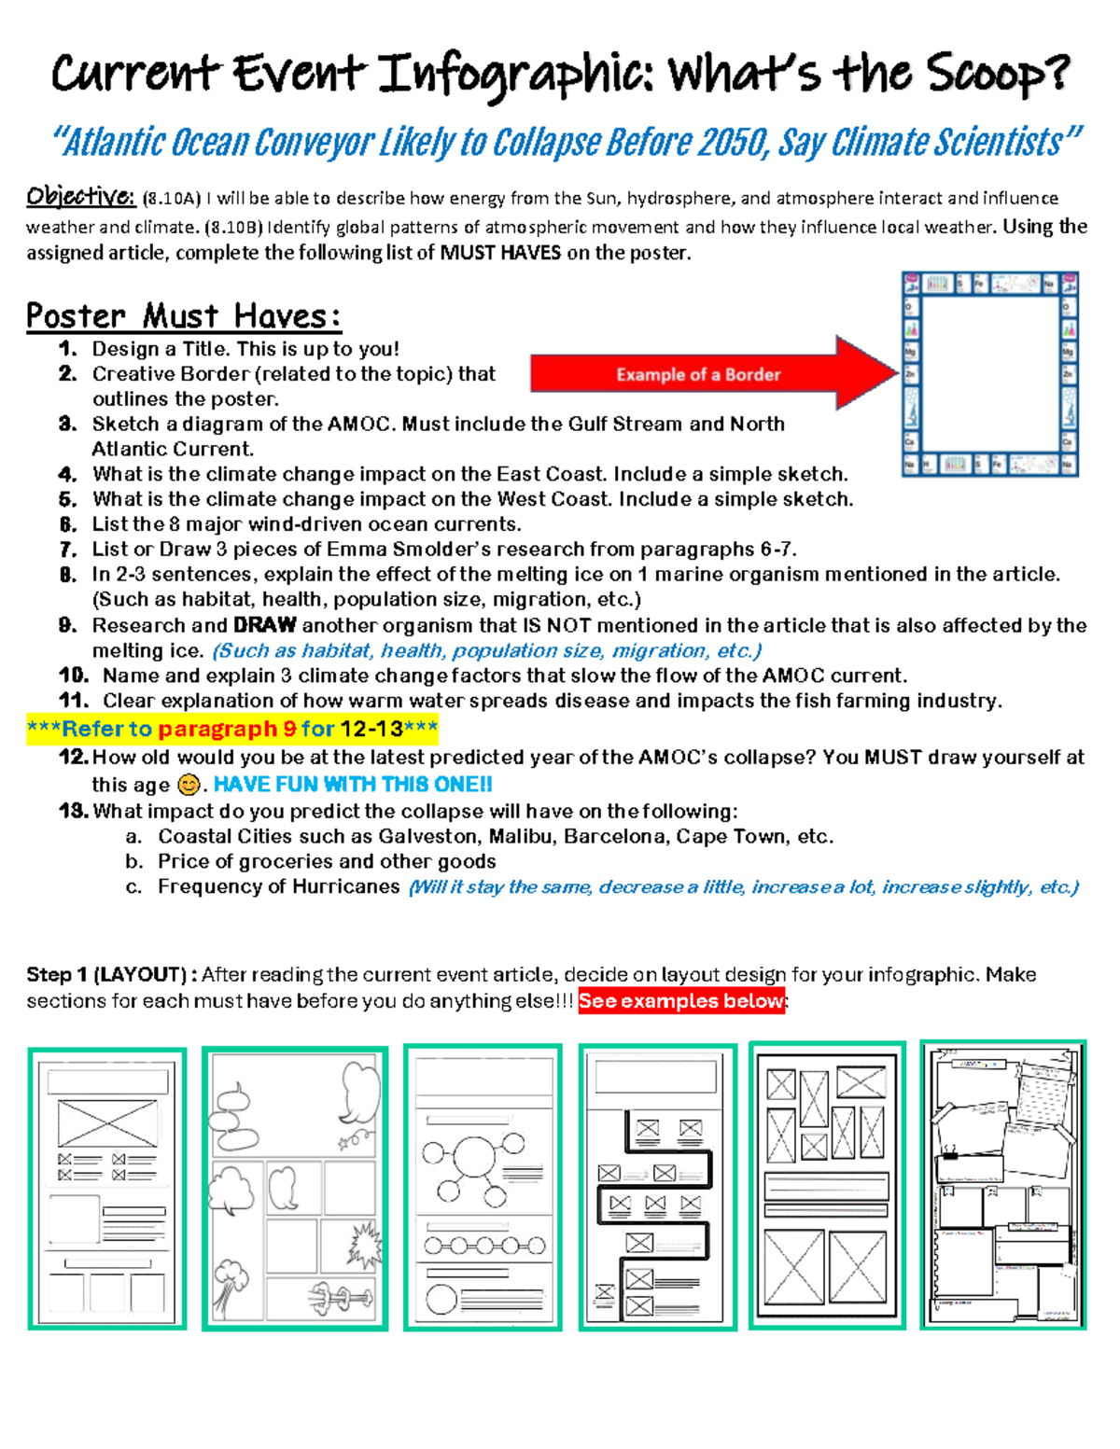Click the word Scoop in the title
996,75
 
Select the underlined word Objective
80,197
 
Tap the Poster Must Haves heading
183,316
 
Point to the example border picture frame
989,374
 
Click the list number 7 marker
67,550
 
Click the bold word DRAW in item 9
265,625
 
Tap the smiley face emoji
188,786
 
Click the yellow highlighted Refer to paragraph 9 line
231,729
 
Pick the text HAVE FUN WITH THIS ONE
353,785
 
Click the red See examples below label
681,1001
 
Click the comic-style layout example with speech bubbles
294,1187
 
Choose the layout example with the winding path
657,1187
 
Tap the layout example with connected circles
483,1187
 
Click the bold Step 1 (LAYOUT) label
111,975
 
